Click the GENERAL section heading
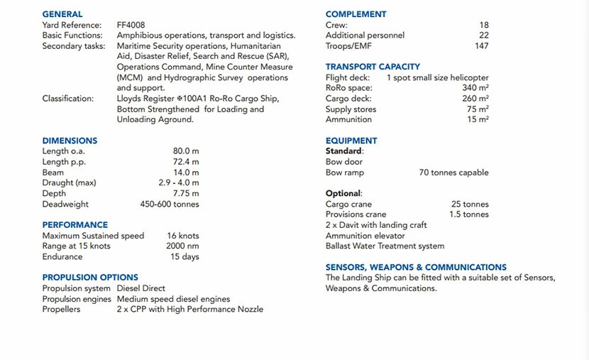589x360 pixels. click(x=62, y=14)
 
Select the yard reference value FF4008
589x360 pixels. click(x=131, y=25)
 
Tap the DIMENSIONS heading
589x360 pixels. click(x=70, y=141)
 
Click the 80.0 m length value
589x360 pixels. click(x=186, y=151)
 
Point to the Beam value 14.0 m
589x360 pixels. click(x=186, y=173)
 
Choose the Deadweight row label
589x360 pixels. click(x=65, y=204)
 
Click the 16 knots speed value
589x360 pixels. click(x=183, y=236)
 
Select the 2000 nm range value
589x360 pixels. click(x=182, y=246)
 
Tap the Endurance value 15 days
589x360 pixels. click(x=185, y=257)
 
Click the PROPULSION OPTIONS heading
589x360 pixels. click(x=90, y=278)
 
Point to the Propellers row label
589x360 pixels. click(x=61, y=310)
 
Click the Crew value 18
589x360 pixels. click(x=484, y=25)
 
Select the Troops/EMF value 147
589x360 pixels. click(x=482, y=46)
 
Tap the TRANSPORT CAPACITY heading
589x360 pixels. click(x=373, y=67)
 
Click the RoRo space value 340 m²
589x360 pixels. click(x=475, y=88)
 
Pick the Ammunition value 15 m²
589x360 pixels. click(x=478, y=119)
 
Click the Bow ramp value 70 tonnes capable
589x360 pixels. click(x=453, y=173)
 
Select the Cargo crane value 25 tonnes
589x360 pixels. click(x=470, y=204)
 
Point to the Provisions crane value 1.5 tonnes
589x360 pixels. click(x=468, y=214)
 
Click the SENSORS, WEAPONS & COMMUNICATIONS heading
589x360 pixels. click(x=416, y=267)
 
